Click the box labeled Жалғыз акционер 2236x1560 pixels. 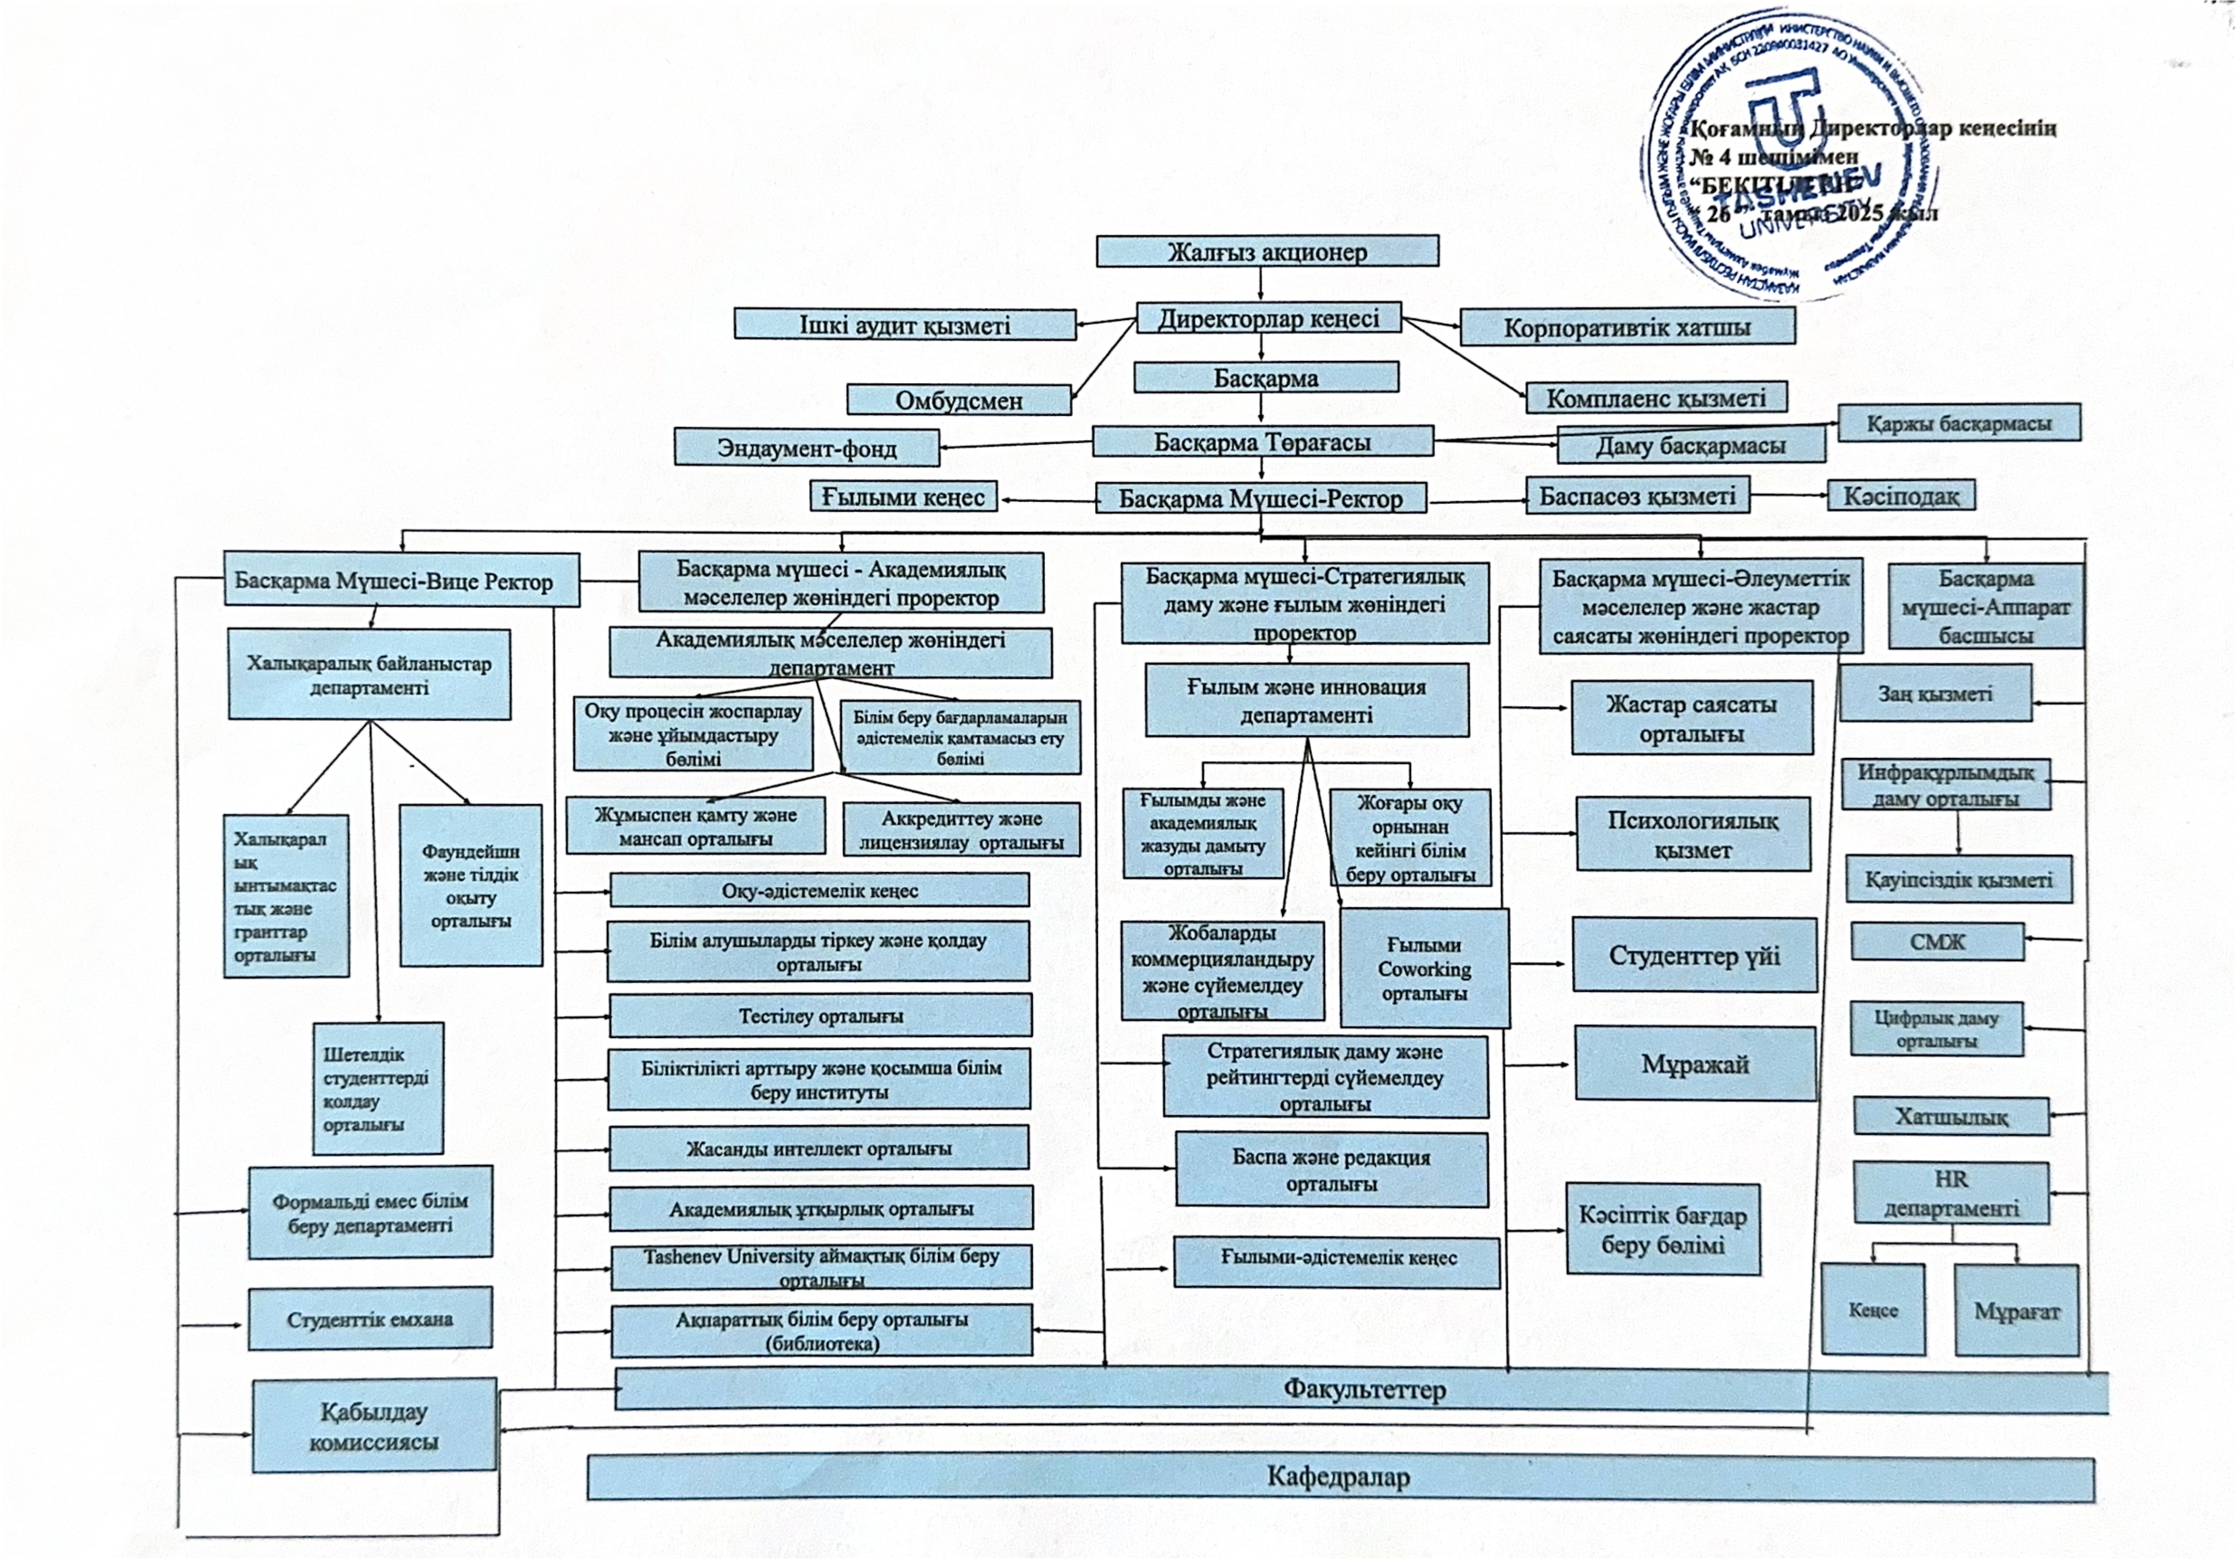tap(1267, 251)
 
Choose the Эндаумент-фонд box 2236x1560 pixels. tap(807, 448)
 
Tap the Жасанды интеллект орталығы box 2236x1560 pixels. tap(818, 1148)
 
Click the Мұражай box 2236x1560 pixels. tap(1695, 1064)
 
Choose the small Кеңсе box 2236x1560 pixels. tap(1873, 1310)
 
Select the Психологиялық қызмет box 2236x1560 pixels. tap(1693, 834)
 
